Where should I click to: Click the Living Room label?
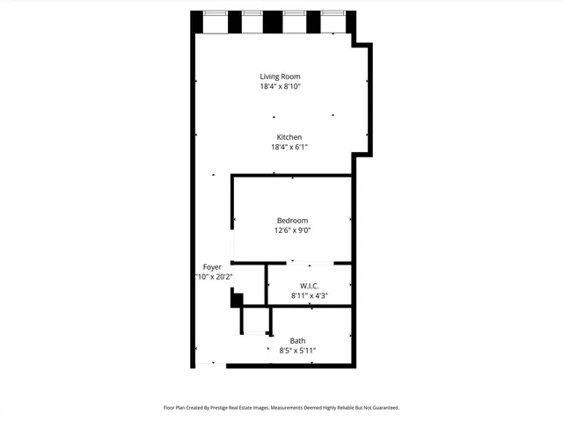pyautogui.click(x=280, y=76)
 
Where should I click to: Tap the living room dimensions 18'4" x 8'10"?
pyautogui.click(x=280, y=87)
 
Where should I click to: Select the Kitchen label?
pyautogui.click(x=289, y=137)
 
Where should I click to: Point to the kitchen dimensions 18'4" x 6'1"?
pyautogui.click(x=289, y=148)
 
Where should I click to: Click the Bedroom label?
pyautogui.click(x=292, y=220)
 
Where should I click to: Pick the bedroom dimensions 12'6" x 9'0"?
pyautogui.click(x=292, y=230)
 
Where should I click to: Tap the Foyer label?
pyautogui.click(x=212, y=266)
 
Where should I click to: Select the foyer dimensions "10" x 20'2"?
pyautogui.click(x=213, y=277)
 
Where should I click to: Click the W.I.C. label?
pyautogui.click(x=309, y=286)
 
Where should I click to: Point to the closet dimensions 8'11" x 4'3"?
pyautogui.click(x=309, y=296)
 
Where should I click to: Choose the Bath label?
pyautogui.click(x=297, y=340)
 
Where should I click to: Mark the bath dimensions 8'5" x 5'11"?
pyautogui.click(x=297, y=351)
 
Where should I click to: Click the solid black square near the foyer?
pyautogui.click(x=236, y=300)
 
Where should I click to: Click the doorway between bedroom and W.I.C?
pyautogui.click(x=311, y=262)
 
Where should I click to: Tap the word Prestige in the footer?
pyautogui.click(x=230, y=408)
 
